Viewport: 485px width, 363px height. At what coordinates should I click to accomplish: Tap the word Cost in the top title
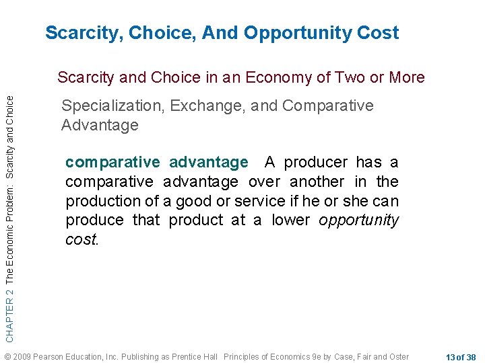pos(379,32)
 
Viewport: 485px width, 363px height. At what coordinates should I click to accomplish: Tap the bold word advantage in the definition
pos(209,162)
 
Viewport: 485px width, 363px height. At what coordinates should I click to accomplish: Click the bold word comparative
pos(112,162)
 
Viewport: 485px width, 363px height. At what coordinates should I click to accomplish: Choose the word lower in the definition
pos(292,220)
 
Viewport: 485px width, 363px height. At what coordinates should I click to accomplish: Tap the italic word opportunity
pos(359,220)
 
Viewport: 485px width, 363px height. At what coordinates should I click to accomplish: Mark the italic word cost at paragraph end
pos(82,239)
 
